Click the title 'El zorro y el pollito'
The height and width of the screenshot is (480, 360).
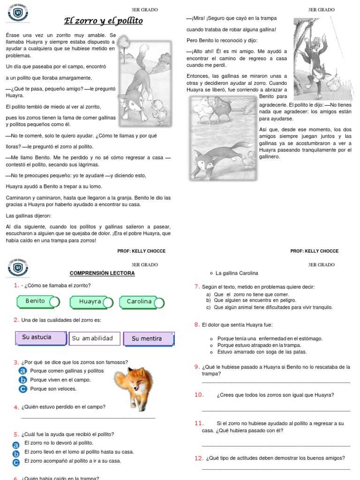pos(103,21)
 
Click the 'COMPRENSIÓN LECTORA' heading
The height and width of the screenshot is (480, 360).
pos(102,273)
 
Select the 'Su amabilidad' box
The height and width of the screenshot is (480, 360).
pos(94,338)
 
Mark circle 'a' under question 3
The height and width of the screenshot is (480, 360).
pos(22,371)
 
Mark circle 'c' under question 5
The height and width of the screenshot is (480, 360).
pos(16,463)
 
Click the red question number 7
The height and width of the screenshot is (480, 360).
pos(197,287)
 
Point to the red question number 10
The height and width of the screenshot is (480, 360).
pos(199,395)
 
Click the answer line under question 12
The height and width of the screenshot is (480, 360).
pos(276,468)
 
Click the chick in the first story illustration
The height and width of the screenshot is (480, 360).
pos(160,111)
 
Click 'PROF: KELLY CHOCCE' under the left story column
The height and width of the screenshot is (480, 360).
pos(141,251)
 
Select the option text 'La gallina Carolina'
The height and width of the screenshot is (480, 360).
pos(237,273)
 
